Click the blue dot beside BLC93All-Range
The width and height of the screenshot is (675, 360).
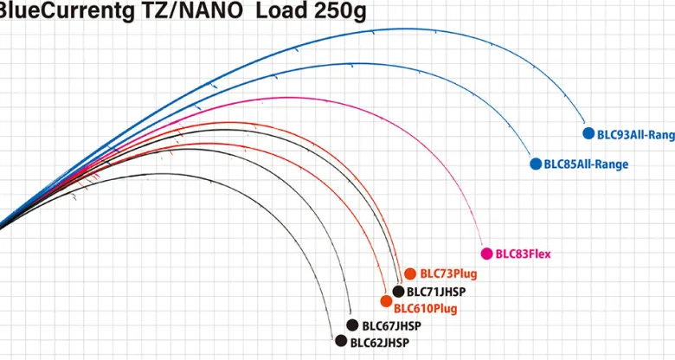pos(590,134)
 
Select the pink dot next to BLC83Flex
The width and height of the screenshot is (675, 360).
pos(486,254)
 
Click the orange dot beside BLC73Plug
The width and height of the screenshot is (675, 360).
pos(410,273)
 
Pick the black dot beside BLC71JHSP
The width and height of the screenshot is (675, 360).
pos(398,292)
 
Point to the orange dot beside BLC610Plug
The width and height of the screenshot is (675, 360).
pos(386,301)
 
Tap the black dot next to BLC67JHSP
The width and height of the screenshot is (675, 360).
pos(352,325)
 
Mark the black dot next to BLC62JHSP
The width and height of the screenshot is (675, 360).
pos(341,341)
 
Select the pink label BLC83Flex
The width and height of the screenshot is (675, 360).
pos(523,254)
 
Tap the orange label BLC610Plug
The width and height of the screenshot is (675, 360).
pos(426,308)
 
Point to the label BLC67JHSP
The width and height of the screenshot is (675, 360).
pos(391,326)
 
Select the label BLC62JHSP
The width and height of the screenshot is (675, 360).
pos(379,342)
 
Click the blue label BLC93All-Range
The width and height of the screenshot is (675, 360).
pos(635,135)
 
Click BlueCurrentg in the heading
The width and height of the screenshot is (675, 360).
pos(53,13)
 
